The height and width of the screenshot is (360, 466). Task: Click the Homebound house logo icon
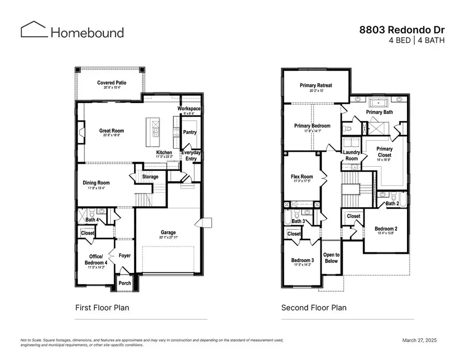[34, 30]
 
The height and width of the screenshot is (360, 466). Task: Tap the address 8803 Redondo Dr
[402, 30]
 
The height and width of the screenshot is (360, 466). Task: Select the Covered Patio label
[112, 83]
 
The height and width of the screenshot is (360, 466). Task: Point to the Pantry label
[190, 132]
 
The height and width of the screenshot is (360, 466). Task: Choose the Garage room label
[168, 233]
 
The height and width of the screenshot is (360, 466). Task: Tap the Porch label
[125, 283]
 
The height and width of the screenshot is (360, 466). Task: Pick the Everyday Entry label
[191, 156]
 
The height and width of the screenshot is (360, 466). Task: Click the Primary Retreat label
[316, 85]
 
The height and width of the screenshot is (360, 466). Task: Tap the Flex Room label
[302, 177]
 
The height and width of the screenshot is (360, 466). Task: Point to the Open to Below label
[331, 257]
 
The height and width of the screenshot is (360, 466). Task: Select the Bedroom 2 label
[385, 228]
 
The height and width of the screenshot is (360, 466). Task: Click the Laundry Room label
[351, 155]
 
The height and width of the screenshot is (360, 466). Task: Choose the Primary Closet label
[384, 152]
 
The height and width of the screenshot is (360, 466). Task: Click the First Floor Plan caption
[103, 308]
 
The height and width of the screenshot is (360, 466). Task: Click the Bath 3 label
[298, 221]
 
